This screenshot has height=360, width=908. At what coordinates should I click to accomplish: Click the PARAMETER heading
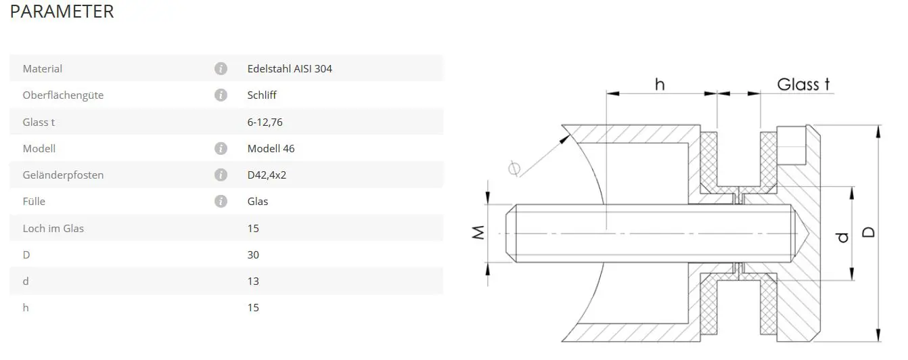tap(62, 12)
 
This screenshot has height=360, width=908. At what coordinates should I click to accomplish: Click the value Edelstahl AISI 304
tap(290, 68)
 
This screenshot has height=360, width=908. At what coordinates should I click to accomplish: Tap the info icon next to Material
tap(221, 68)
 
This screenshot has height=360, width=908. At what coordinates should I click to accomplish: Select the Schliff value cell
tap(262, 95)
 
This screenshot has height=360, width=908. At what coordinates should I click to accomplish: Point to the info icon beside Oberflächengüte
tap(221, 95)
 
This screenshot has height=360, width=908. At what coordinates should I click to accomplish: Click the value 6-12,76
tap(265, 122)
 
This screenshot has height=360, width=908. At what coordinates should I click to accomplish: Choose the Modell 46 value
tap(271, 148)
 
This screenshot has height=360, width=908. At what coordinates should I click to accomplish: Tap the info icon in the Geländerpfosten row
tap(221, 175)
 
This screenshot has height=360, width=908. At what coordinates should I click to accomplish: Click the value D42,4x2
tap(267, 175)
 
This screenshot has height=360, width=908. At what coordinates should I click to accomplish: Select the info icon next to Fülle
tap(221, 201)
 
